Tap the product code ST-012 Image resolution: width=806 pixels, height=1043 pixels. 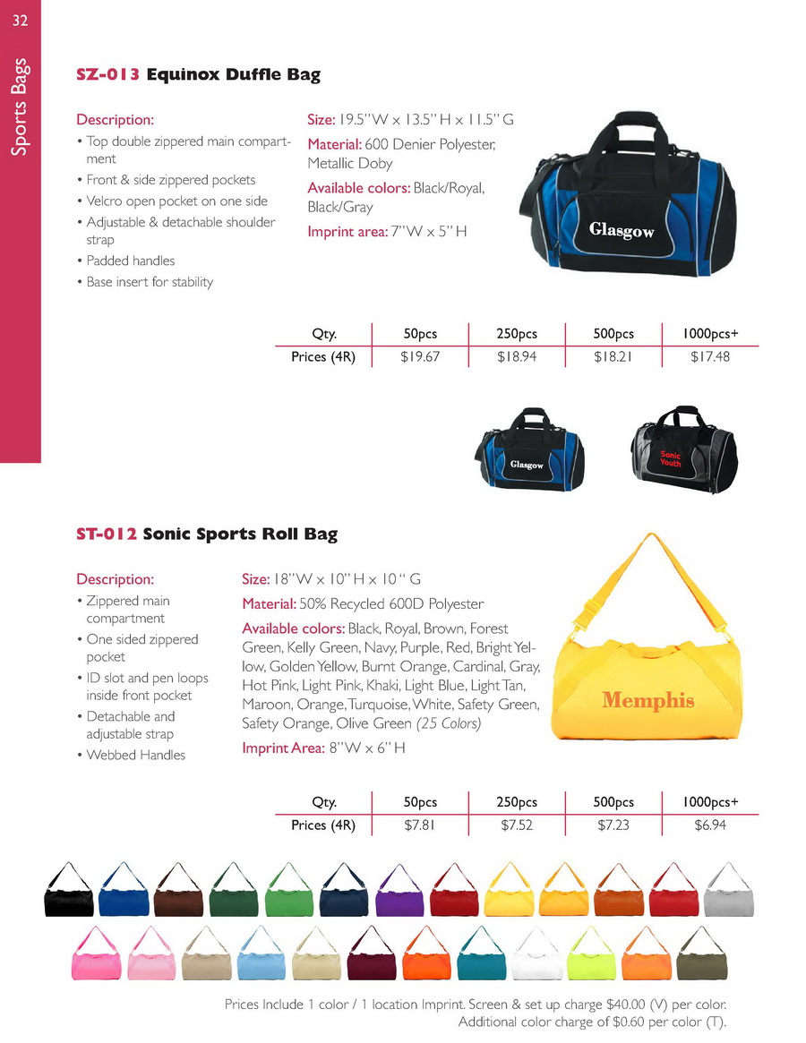point(107,534)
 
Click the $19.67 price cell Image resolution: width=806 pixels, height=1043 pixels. point(420,357)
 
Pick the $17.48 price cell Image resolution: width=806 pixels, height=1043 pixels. point(710,357)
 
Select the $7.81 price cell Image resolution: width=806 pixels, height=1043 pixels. point(420,825)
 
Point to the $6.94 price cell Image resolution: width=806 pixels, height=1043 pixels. point(710,825)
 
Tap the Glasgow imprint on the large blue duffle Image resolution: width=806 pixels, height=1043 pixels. point(622,231)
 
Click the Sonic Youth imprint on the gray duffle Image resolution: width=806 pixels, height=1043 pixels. point(671,459)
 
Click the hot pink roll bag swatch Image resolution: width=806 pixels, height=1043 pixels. point(94,960)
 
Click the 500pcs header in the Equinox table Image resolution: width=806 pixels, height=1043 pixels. point(613,334)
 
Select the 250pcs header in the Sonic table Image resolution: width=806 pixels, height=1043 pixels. point(517,802)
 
